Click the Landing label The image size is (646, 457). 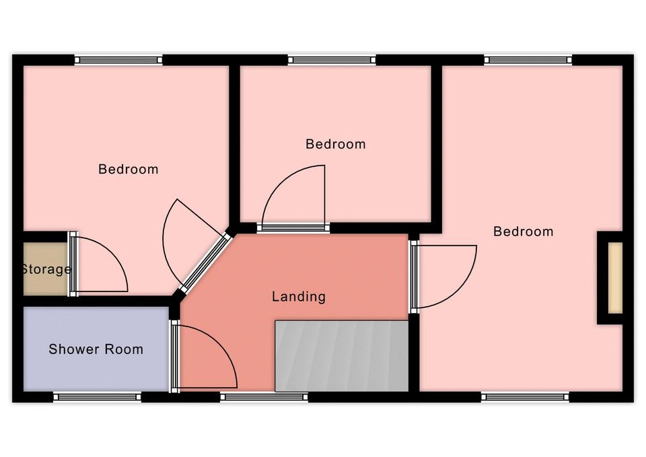pos(299,297)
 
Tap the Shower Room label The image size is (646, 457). pos(96,349)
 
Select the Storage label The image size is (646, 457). pos(46,269)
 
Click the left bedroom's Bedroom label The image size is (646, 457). pos(128,169)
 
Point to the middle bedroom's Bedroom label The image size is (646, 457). pos(335,144)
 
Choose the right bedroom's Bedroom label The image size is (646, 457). pos(524,232)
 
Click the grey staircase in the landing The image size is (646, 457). pos(342,355)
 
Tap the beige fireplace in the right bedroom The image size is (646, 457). pos(615,278)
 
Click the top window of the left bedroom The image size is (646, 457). pos(118,60)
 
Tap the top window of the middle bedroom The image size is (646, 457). pos(332,60)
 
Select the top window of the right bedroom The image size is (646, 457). pos(528,60)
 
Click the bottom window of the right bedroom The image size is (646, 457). pos(526,397)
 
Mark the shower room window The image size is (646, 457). pos(97,397)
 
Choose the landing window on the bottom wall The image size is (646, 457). pos(264,397)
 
